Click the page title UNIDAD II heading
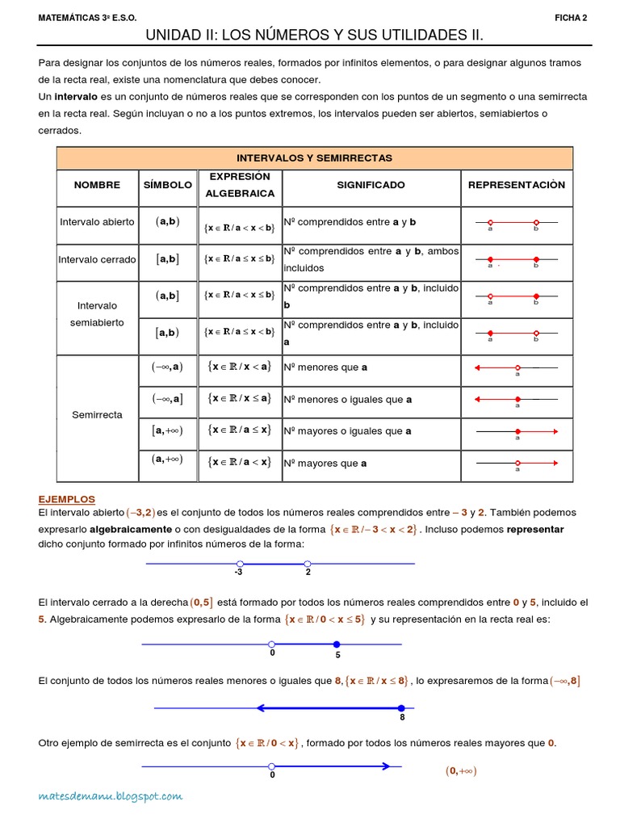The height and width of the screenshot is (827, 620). click(314, 36)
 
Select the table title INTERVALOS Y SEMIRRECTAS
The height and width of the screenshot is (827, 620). click(314, 158)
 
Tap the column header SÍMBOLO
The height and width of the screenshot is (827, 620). click(168, 185)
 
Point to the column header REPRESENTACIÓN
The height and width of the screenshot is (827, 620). click(517, 185)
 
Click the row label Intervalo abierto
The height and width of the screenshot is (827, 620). click(97, 221)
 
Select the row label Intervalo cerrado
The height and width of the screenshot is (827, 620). click(97, 259)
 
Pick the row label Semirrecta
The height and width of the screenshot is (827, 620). click(97, 414)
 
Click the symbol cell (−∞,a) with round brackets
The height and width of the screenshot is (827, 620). click(168, 366)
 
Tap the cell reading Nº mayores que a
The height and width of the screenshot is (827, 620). click(325, 464)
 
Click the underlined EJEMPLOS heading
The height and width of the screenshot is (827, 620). click(67, 499)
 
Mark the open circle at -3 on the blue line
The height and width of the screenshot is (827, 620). click(240, 564)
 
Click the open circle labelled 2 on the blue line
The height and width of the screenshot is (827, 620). click(307, 564)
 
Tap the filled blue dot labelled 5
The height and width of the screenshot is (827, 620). click(337, 644)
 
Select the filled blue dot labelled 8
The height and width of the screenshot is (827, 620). click(401, 708)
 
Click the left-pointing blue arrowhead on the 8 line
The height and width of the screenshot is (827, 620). click(262, 708)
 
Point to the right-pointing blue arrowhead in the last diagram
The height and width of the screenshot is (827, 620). click(387, 766)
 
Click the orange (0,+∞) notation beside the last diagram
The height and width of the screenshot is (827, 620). click(461, 770)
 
